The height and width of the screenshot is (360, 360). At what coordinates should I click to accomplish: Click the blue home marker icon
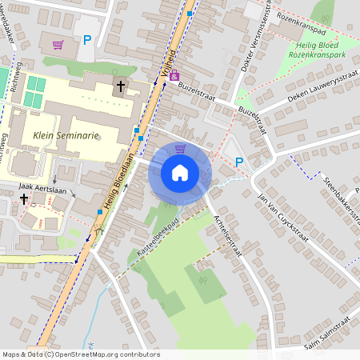(x=180, y=172)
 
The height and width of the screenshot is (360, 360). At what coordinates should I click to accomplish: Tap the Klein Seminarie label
(x=66, y=136)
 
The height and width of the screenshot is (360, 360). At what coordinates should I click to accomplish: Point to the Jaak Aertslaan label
(x=41, y=186)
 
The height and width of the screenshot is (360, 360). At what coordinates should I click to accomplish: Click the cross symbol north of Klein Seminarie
(x=122, y=86)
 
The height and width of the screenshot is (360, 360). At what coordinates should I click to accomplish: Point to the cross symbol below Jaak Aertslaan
(x=24, y=198)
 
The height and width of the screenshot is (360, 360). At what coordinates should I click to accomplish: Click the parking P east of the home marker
(x=239, y=162)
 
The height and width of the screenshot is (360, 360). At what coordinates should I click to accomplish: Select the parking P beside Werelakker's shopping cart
(x=87, y=40)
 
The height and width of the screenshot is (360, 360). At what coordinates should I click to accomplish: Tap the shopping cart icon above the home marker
(x=180, y=149)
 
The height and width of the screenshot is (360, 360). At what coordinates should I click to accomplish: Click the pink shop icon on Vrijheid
(x=174, y=75)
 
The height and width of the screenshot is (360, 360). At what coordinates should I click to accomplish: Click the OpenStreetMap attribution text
(x=80, y=354)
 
